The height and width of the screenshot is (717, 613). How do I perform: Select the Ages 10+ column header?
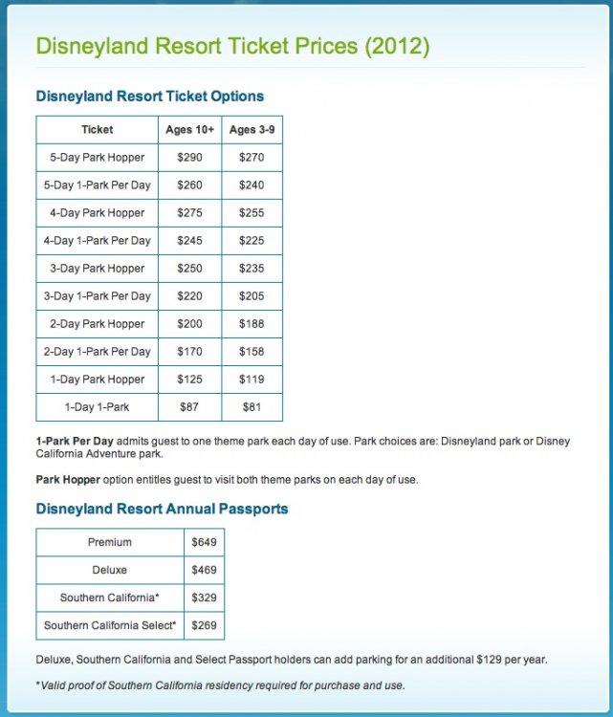(x=190, y=129)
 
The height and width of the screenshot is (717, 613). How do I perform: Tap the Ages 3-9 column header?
(x=252, y=129)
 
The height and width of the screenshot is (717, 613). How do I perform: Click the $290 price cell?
(x=190, y=157)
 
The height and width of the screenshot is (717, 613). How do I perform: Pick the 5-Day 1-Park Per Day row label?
(x=98, y=185)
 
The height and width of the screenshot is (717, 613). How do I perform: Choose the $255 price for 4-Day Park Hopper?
(x=252, y=212)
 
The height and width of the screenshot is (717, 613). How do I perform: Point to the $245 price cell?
(x=190, y=240)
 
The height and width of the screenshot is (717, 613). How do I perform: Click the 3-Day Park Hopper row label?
(x=98, y=268)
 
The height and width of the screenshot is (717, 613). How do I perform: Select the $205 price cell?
(x=252, y=295)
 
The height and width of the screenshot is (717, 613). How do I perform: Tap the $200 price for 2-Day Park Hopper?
(x=190, y=323)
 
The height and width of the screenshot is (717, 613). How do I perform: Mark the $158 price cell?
(x=252, y=351)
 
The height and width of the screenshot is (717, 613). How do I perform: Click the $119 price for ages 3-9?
(x=252, y=379)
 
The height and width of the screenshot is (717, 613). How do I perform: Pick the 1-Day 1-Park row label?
(x=98, y=406)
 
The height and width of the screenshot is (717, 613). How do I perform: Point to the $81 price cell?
(x=252, y=406)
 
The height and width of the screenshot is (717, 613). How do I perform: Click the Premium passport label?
(x=110, y=542)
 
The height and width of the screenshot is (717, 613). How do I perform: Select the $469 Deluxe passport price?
(x=204, y=570)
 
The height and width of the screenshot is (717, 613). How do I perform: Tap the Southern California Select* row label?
(x=110, y=625)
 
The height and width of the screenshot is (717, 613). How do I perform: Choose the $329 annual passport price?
(x=204, y=597)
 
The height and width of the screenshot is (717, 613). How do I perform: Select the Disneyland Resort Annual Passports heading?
(x=162, y=509)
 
